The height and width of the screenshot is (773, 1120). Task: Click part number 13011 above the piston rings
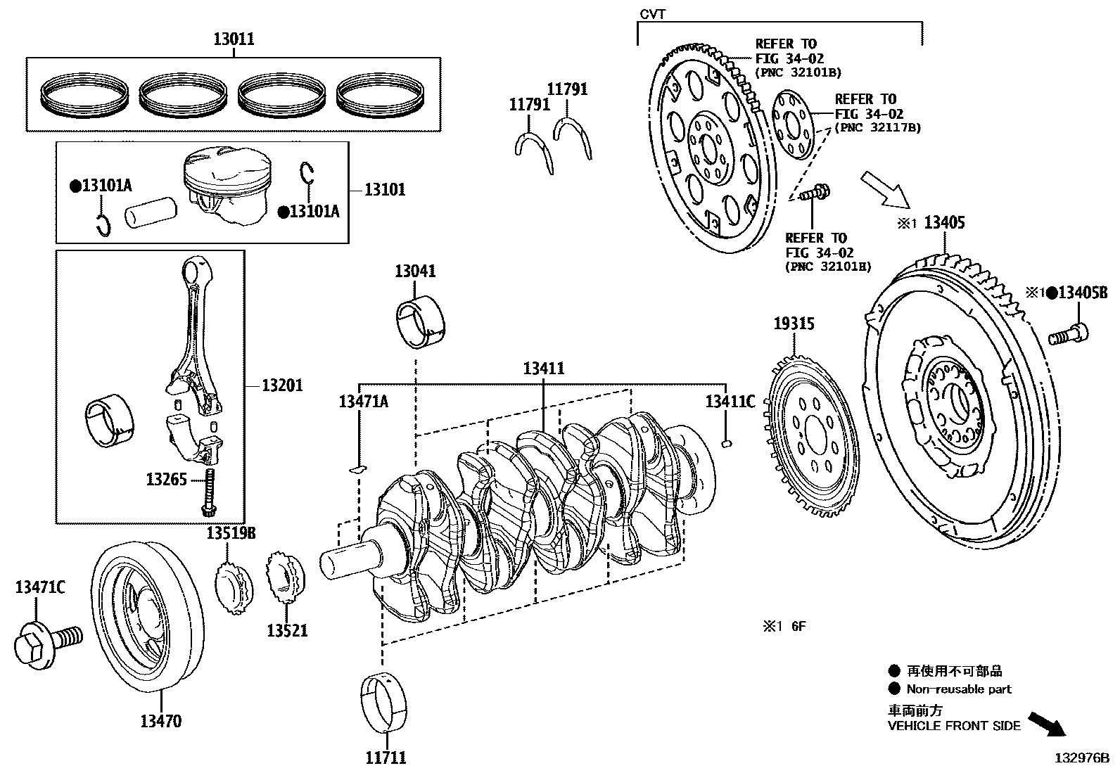[234, 39]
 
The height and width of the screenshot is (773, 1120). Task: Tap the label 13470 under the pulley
[160, 721]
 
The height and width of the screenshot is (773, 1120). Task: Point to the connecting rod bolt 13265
[209, 492]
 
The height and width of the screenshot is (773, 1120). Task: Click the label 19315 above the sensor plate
[794, 324]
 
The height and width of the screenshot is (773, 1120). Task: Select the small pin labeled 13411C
[729, 443]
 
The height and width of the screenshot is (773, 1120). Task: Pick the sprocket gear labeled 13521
[286, 580]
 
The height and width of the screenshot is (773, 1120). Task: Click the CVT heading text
[652, 14]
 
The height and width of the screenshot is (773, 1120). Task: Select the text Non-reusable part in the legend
[958, 689]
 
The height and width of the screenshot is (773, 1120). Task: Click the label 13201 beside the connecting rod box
[282, 385]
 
